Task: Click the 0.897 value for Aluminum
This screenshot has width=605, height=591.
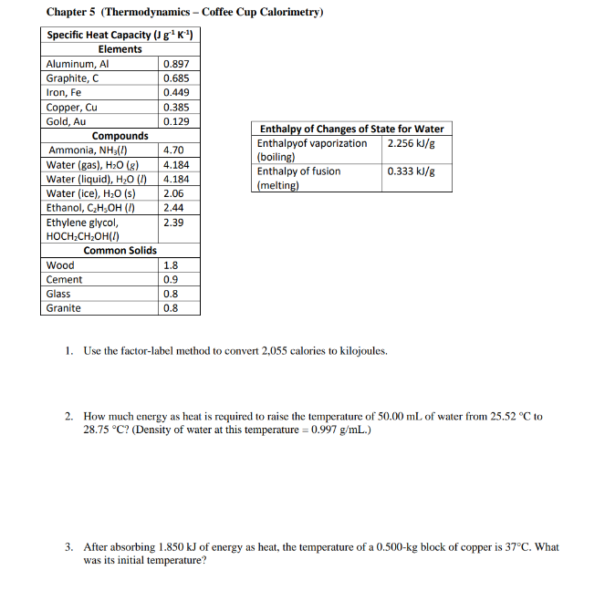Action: coord(176,64)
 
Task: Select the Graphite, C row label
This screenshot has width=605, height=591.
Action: coord(72,78)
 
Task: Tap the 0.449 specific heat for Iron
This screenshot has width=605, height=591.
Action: coord(176,92)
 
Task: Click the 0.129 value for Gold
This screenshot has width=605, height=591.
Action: coord(176,121)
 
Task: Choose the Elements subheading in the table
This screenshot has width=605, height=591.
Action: coord(120,49)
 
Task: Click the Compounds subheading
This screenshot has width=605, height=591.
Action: coord(120,136)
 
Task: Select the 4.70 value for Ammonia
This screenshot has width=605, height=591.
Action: coord(173,150)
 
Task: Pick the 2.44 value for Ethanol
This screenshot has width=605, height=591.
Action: coord(173,208)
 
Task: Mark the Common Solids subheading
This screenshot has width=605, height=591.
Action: coord(120,250)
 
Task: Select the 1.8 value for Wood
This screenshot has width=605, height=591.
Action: coord(170,265)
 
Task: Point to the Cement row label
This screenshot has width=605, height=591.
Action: coord(64,280)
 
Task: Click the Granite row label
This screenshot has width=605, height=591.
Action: coord(64,308)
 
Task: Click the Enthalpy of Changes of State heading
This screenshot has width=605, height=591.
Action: coord(352,130)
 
